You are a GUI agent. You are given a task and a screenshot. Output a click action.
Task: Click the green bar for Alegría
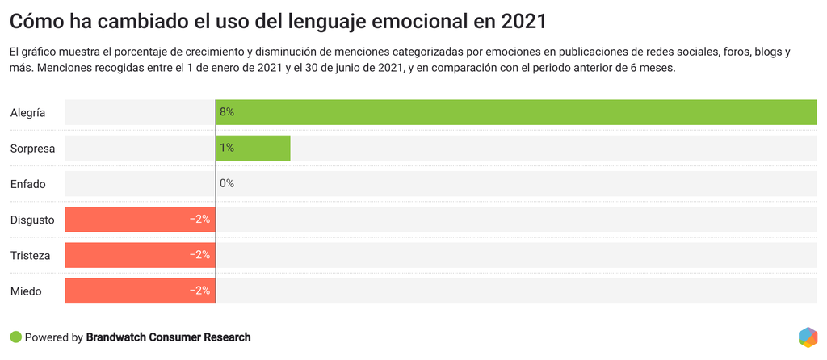(x=517, y=112)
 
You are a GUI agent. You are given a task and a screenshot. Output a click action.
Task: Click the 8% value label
(x=227, y=112)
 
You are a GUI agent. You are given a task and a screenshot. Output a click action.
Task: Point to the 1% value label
(x=227, y=148)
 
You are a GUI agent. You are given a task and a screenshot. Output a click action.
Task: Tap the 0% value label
(x=227, y=183)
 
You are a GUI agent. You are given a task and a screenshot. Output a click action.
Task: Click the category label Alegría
(x=27, y=113)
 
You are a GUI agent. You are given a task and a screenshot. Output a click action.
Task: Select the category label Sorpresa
(x=32, y=149)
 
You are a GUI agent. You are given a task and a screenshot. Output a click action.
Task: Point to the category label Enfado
(x=28, y=184)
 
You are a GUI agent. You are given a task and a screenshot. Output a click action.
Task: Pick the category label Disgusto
(x=32, y=220)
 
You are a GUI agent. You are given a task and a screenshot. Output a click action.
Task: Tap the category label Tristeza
(x=31, y=255)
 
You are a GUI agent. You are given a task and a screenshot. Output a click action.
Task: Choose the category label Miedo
(x=26, y=291)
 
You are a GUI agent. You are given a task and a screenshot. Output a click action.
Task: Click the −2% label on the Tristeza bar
(x=199, y=255)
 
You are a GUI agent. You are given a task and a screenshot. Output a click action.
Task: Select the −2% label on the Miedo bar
(x=199, y=291)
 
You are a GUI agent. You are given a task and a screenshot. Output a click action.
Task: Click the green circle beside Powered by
(x=15, y=337)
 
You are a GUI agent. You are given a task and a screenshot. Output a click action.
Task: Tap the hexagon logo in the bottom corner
(x=807, y=337)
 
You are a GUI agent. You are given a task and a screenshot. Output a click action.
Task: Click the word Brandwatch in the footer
(x=120, y=337)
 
